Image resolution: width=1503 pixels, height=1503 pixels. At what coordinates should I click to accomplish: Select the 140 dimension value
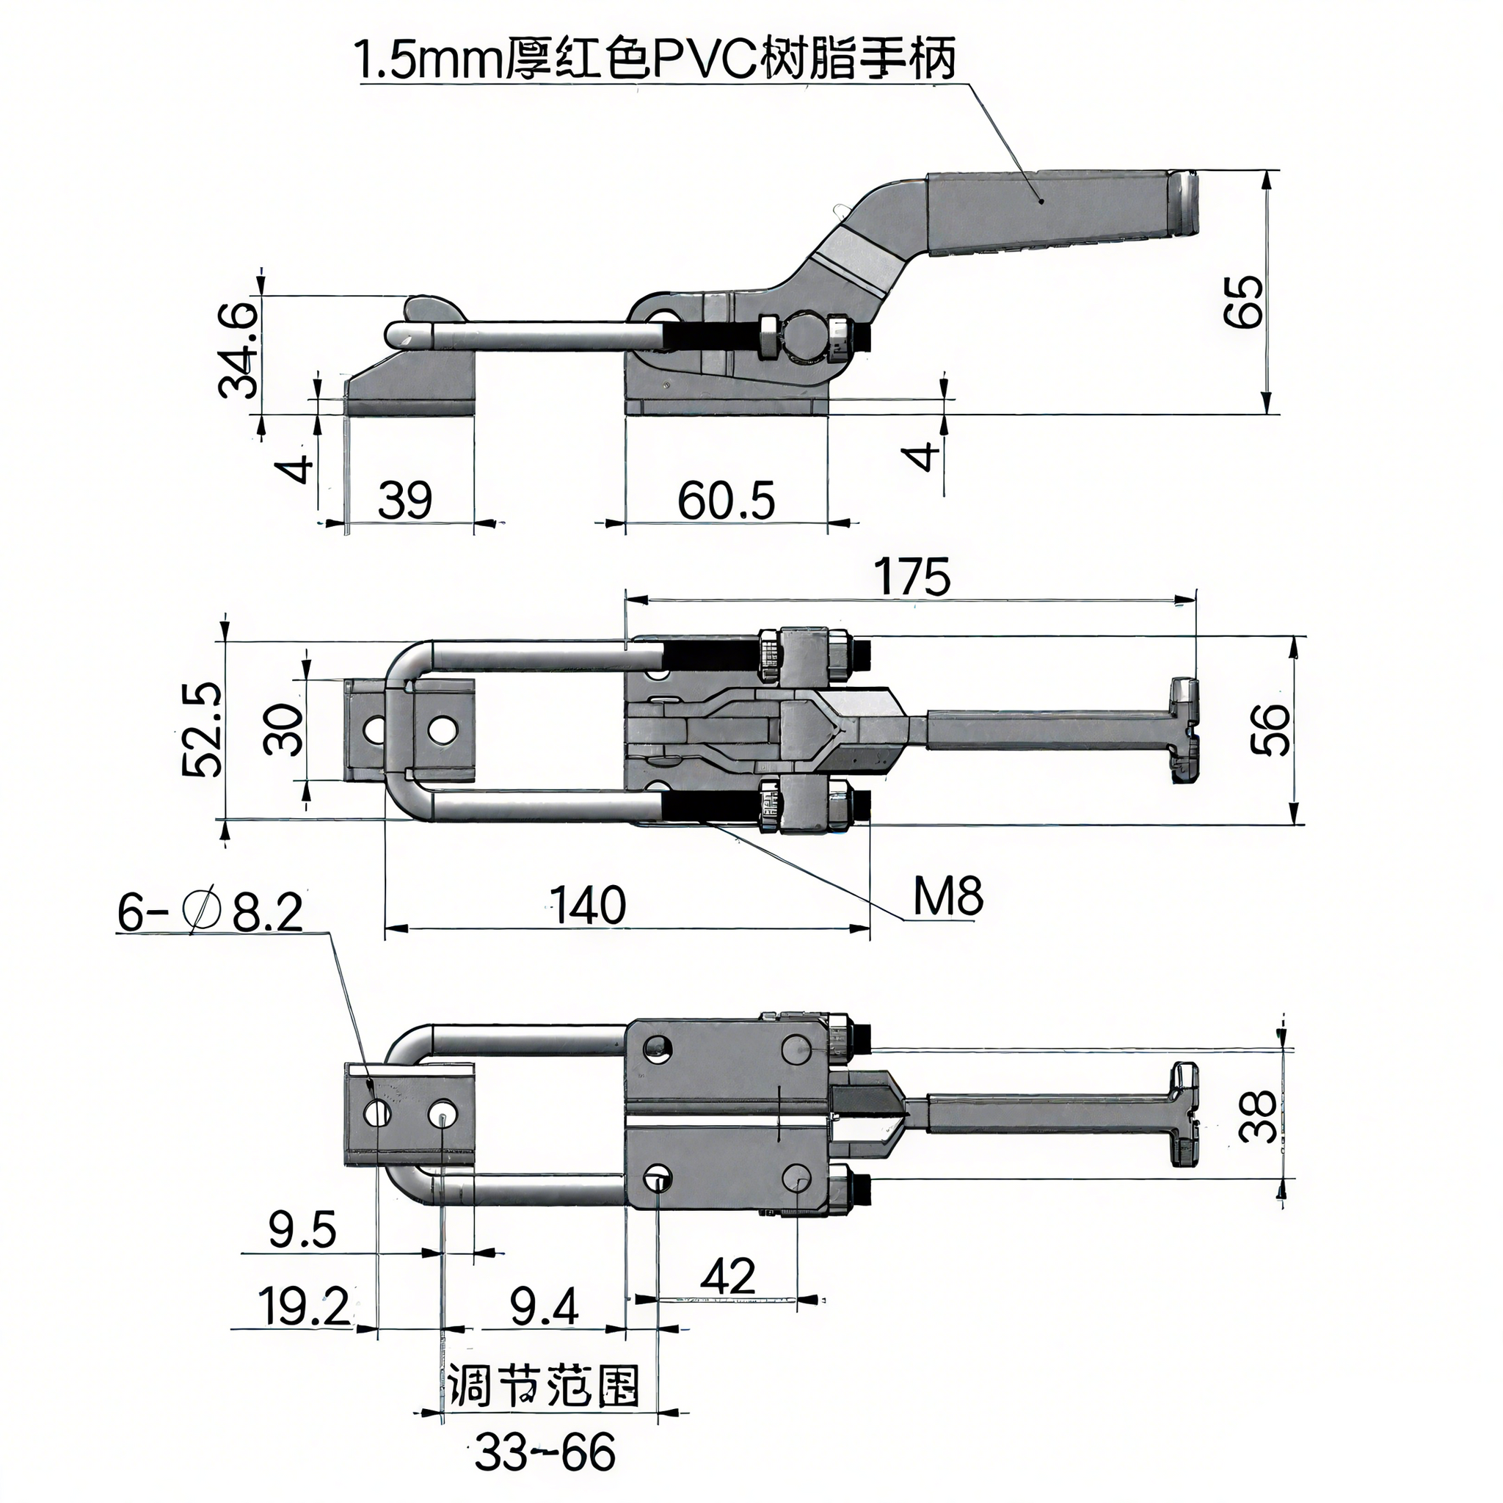[587, 905]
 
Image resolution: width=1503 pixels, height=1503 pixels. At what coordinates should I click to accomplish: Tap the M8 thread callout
[947, 896]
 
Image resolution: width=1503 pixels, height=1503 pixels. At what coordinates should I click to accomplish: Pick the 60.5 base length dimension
[726, 501]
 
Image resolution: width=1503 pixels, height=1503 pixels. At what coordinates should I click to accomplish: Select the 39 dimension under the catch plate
[404, 501]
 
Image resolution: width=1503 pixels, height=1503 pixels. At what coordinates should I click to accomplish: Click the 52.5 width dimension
[203, 730]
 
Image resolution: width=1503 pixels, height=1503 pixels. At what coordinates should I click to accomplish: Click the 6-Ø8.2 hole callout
[210, 912]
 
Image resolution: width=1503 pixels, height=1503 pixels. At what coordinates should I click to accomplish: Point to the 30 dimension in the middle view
[283, 729]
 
